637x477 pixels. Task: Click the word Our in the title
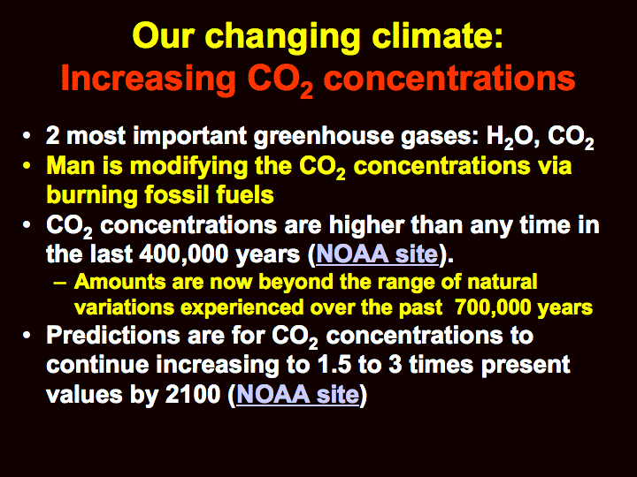[163, 35]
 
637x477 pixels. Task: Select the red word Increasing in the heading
[149, 79]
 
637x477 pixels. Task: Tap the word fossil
[176, 194]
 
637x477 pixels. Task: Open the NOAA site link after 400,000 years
[377, 254]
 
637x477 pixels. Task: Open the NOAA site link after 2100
[298, 394]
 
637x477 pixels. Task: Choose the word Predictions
[113, 335]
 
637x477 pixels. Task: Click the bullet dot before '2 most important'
[27, 136]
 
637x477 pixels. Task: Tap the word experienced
[242, 308]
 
